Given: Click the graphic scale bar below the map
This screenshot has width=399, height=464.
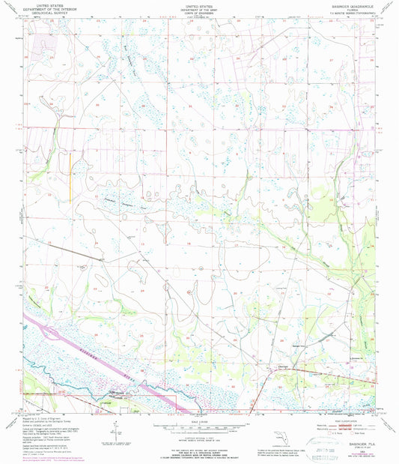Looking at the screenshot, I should point(198,430).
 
